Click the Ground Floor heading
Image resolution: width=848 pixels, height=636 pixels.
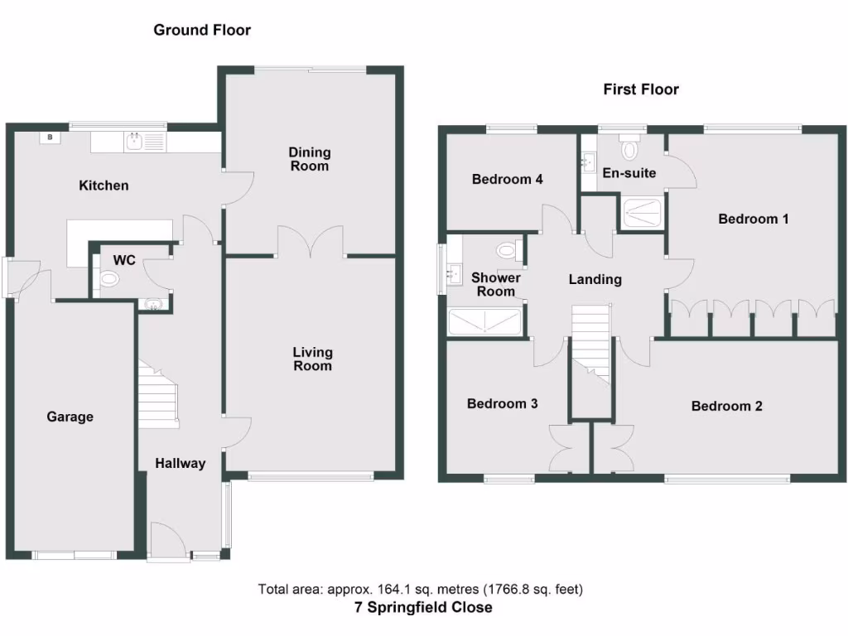click(202, 31)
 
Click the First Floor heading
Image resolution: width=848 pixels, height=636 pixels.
click(640, 89)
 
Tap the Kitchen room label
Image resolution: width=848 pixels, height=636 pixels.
click(104, 185)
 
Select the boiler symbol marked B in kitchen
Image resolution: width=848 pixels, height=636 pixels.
click(51, 137)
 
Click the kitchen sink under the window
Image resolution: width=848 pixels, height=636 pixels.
click(135, 142)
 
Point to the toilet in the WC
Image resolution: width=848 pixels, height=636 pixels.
click(108, 281)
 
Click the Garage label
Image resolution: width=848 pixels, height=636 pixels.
click(70, 417)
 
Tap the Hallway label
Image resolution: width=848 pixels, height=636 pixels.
click(180, 464)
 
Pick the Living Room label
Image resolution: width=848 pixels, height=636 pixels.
click(312, 359)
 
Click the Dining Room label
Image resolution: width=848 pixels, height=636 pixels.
click(309, 159)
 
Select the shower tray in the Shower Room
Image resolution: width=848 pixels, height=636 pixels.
click(484, 321)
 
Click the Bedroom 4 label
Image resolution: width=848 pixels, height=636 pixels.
click(507, 179)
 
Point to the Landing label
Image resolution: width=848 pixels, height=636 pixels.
click(595, 280)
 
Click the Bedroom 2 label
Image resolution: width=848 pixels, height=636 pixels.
click(726, 406)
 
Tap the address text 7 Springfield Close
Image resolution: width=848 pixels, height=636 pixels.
click(423, 608)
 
